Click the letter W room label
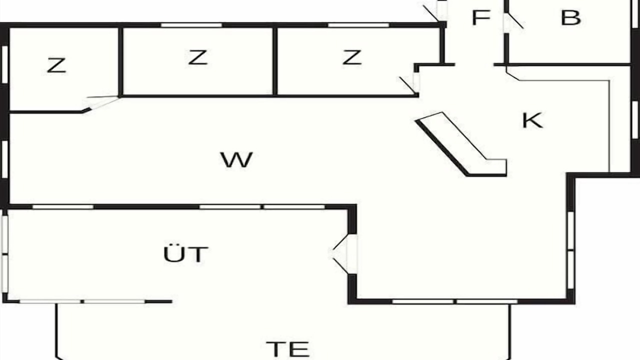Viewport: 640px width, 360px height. point(236,159)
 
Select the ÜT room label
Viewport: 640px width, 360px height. point(185,253)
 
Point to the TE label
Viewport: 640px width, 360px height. point(287,349)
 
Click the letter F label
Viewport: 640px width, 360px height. point(481,17)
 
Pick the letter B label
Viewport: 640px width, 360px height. point(571,17)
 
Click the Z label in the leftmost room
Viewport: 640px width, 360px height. point(56,65)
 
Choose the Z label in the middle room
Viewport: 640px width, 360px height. point(197,57)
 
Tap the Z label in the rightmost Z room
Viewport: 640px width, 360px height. point(352,57)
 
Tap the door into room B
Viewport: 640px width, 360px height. point(513,21)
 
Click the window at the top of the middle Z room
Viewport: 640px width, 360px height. point(191,25)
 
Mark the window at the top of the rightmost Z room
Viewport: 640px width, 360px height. point(358,25)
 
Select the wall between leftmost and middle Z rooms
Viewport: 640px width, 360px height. point(121,61)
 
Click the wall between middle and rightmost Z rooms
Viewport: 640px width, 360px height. point(275,61)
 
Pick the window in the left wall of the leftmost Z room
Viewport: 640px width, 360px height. point(4,64)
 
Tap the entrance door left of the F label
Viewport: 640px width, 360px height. point(435,12)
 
